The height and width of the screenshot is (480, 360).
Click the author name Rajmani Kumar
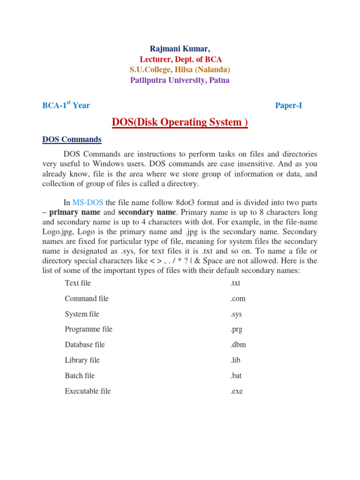click(x=180, y=49)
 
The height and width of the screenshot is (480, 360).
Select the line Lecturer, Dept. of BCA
click(x=180, y=59)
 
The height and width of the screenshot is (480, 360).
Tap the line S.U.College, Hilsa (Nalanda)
click(x=180, y=69)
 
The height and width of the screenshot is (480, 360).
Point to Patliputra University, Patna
click(x=180, y=80)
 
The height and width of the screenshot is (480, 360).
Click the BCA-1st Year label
click(x=66, y=105)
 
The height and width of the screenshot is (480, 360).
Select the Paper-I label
click(x=288, y=105)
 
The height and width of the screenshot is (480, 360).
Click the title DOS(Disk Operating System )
click(x=180, y=123)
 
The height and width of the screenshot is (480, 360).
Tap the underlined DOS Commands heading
click(x=72, y=140)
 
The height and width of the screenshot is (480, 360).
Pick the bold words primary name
click(x=75, y=212)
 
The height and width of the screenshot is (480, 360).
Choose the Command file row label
click(x=87, y=299)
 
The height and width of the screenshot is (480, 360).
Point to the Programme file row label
click(x=89, y=329)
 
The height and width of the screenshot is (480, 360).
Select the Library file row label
click(x=82, y=360)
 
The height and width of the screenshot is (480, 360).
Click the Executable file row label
click(x=88, y=391)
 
